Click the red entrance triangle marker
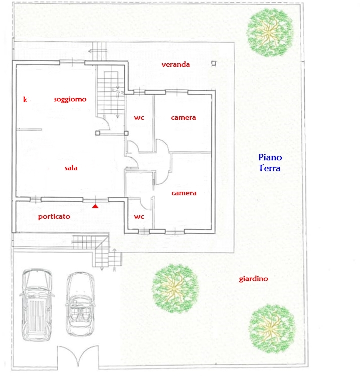[x=95, y=206]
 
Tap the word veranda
[x=176, y=64]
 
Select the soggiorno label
[x=70, y=99]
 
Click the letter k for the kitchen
[x=25, y=99]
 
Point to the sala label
[x=71, y=168]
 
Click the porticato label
[x=54, y=217]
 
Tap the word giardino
[x=254, y=279]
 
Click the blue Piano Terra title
[x=270, y=163]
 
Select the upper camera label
[x=183, y=118]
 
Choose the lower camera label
[x=184, y=193]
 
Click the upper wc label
[x=139, y=118]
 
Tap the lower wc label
[x=139, y=217]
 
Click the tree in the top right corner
[x=270, y=32]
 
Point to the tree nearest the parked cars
[x=176, y=288]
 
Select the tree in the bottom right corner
[x=272, y=328]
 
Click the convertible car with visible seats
[x=80, y=304]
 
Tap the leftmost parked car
[x=37, y=305]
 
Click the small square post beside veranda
[x=214, y=63]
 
